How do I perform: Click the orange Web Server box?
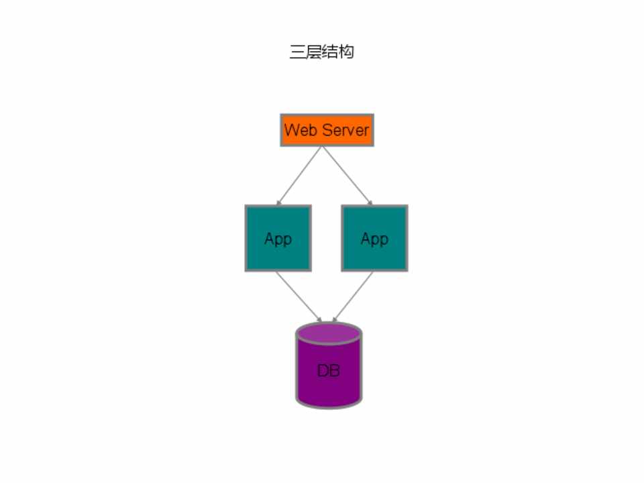coord(327,130)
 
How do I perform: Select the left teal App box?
coord(278,238)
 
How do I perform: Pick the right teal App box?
coord(374,238)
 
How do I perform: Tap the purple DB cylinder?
coord(329,365)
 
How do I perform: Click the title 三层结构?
coord(322,52)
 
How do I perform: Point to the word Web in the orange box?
coord(301,130)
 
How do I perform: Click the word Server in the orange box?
coord(345,130)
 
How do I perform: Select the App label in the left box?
coord(278,239)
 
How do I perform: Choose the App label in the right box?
coord(374,239)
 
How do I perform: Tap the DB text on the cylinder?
coord(329,370)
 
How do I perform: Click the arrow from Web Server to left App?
coord(299,176)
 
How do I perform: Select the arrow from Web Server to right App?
coord(347,176)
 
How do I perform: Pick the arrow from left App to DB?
coord(299,297)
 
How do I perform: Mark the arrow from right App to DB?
coord(353,297)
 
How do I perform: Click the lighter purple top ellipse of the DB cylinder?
coord(329,333)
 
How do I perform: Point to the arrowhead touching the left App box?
coord(279,203)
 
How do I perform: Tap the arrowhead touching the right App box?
coord(370,203)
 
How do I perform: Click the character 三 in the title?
coord(297,52)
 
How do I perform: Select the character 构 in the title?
coord(346,52)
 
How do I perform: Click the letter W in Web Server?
coord(291,130)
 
